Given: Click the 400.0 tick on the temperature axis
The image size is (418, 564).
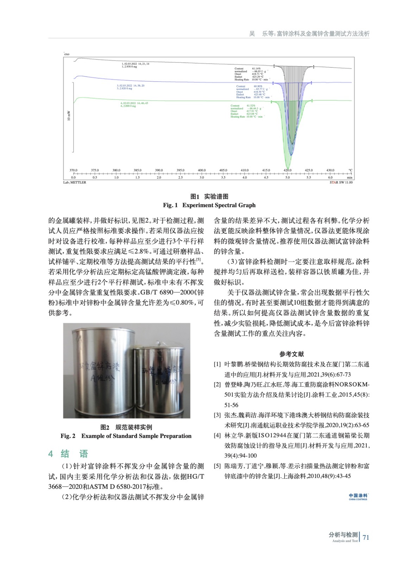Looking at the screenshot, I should pyautogui.click(x=201, y=171).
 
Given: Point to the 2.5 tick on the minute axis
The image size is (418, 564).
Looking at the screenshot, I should pyautogui.click(x=180, y=178).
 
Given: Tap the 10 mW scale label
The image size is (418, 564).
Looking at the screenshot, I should pyautogui.click(x=69, y=116).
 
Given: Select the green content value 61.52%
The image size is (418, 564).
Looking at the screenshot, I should pyautogui.click(x=251, y=106).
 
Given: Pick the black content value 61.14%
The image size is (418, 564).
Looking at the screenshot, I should pyautogui.click(x=256, y=68).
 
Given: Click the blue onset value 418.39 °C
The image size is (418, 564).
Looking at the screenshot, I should pyautogui.click(x=258, y=92).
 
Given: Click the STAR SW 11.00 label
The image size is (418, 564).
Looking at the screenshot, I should pyautogui.click(x=341, y=183).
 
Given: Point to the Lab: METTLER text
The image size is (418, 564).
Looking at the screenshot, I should pyautogui.click(x=75, y=183).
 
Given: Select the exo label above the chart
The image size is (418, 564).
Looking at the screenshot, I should pyautogui.click(x=67, y=54).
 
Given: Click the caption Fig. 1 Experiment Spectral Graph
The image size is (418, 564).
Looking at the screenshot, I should pyautogui.click(x=209, y=205).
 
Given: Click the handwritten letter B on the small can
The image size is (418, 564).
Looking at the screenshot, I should pyautogui.click(x=157, y=382).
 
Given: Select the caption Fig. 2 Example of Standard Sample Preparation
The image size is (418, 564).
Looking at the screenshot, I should pyautogui.click(x=126, y=436).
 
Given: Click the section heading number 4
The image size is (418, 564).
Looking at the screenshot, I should pyautogui.click(x=51, y=454).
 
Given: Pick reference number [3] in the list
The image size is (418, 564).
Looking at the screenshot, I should pyautogui.click(x=217, y=415).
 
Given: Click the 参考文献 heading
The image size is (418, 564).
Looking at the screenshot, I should pyautogui.click(x=292, y=354).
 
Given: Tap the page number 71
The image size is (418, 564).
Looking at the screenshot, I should pyautogui.click(x=366, y=538).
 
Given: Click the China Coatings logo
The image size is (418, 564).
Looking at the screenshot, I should pyautogui.click(x=358, y=497).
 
